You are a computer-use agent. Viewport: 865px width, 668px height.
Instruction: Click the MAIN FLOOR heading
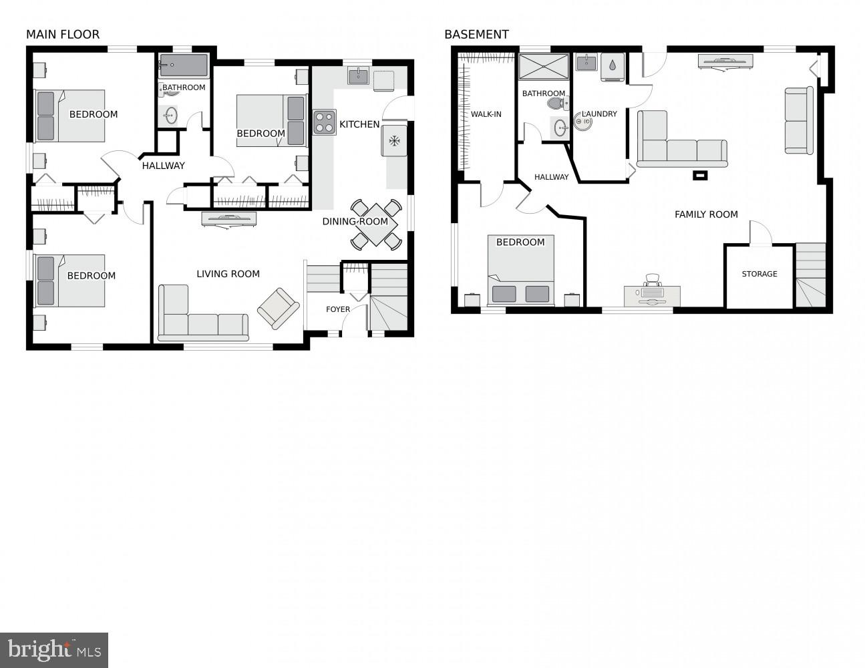point(63,34)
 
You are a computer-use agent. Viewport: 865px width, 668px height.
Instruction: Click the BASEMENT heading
point(476,34)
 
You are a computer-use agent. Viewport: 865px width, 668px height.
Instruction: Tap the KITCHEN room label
point(359,124)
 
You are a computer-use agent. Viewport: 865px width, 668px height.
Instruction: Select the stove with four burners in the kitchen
point(325,122)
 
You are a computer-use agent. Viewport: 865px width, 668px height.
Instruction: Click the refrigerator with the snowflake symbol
point(394,140)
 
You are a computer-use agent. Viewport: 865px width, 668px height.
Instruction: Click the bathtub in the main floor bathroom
point(184,65)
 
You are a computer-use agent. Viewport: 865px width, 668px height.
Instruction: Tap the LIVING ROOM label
point(228,274)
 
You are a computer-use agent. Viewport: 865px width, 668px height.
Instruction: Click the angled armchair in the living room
point(278,308)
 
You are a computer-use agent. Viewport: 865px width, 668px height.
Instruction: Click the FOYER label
point(338,309)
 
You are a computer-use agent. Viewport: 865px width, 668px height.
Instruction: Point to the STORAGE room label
point(759,274)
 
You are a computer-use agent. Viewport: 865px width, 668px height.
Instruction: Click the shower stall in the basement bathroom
point(544,67)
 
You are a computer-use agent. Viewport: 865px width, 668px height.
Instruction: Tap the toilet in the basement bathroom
point(556,104)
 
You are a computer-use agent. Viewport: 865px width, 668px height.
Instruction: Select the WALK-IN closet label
point(486,114)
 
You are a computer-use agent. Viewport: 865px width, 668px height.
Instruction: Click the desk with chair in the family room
point(652,293)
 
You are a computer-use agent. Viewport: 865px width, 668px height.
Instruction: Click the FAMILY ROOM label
point(706,214)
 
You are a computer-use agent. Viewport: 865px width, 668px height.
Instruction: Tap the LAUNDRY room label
point(599,114)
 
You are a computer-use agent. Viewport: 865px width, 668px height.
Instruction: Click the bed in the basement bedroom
point(521,274)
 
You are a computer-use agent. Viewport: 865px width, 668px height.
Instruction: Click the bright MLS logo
point(54,649)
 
